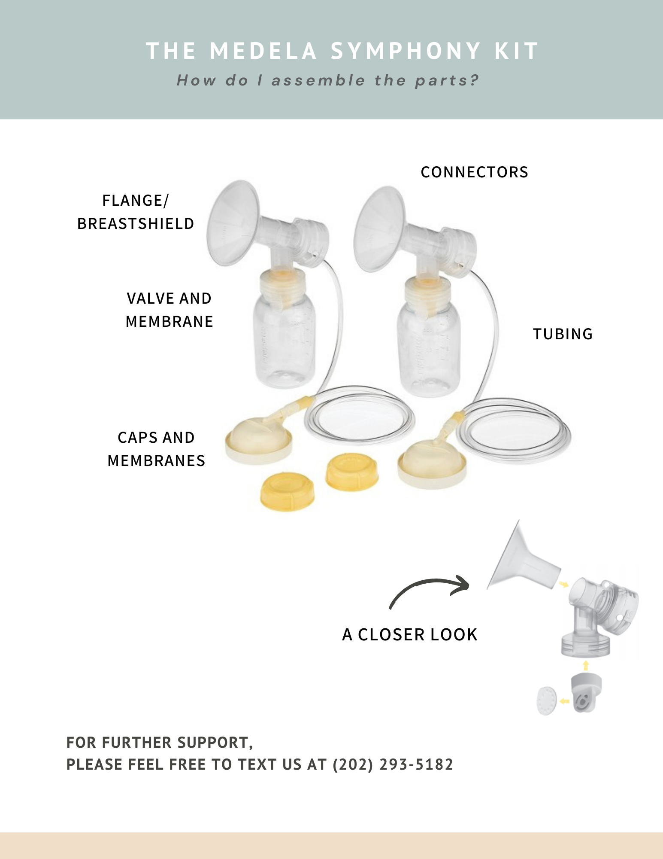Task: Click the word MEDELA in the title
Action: click(x=263, y=51)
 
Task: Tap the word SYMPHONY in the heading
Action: click(x=406, y=51)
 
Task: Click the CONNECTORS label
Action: click(x=474, y=172)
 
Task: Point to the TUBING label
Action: click(x=563, y=334)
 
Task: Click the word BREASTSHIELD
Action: click(x=136, y=224)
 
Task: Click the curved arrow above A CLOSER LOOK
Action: click(x=429, y=588)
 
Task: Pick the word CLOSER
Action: click(x=391, y=635)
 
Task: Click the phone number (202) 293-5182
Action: click(x=393, y=765)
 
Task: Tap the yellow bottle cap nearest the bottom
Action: click(x=287, y=492)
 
